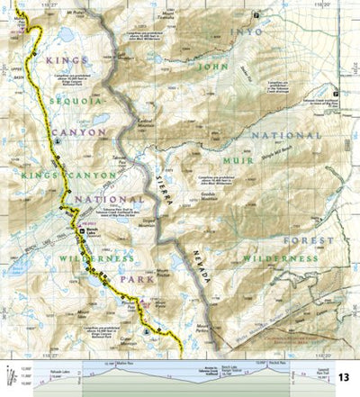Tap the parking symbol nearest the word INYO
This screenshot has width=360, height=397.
click(x=257, y=15)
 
